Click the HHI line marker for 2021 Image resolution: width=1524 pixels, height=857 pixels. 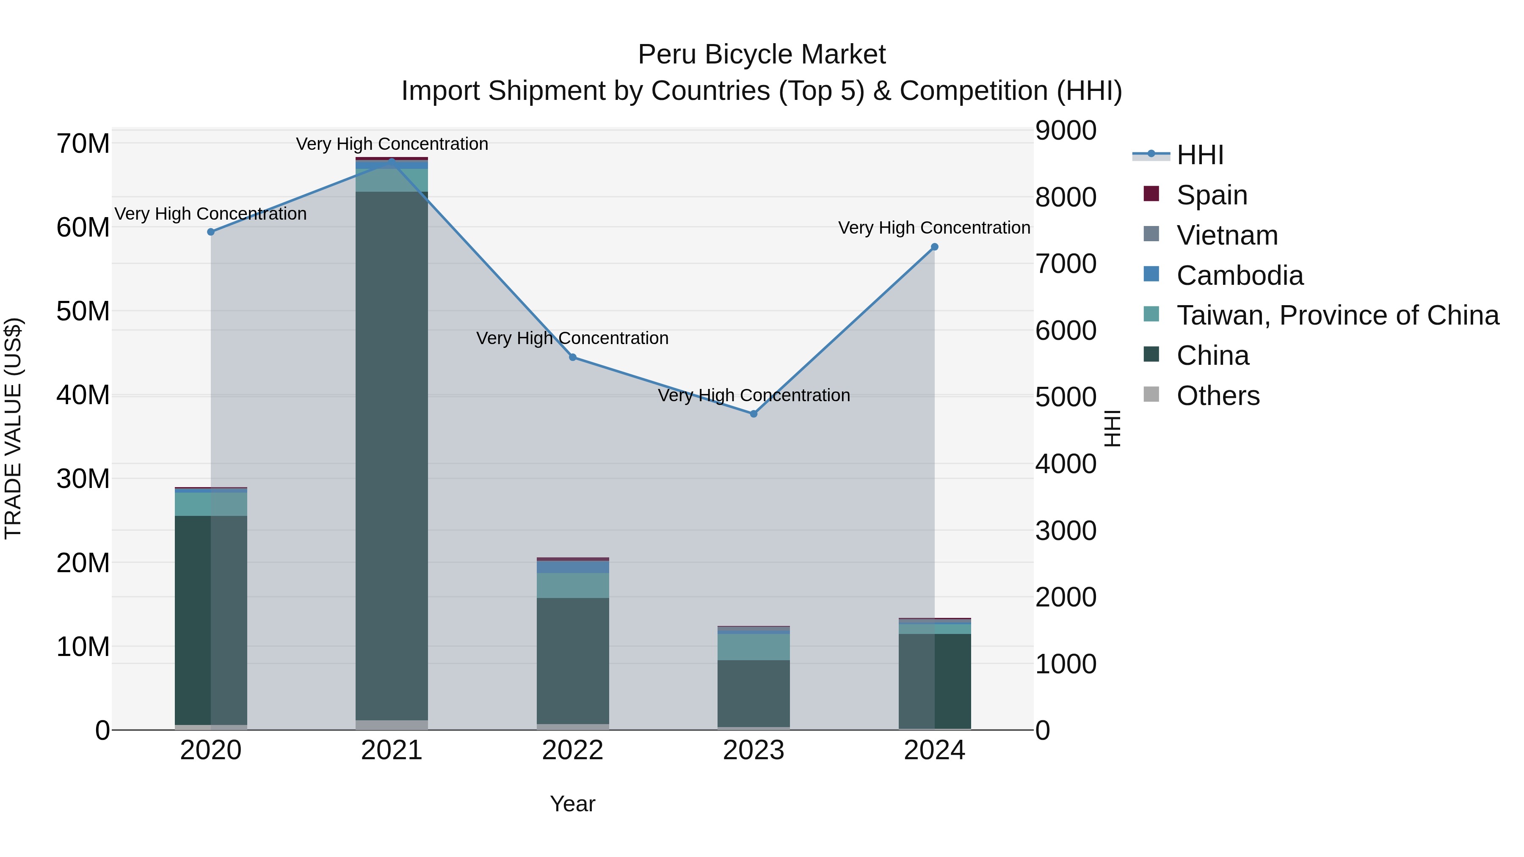392,162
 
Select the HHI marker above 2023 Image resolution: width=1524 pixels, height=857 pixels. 754,414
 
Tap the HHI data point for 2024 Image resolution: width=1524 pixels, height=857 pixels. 935,247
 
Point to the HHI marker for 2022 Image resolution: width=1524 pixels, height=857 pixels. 573,357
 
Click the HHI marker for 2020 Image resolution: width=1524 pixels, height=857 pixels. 211,232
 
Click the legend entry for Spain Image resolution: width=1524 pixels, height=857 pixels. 1212,195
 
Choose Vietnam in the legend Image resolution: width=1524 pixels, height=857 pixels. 1227,235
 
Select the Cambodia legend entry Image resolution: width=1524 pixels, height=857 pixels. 1240,276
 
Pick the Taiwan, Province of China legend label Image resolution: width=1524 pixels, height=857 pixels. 1337,315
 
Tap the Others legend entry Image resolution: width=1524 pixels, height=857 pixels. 1218,396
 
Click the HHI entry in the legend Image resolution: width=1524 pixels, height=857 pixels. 1200,155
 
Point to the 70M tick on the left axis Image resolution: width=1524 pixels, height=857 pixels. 83,144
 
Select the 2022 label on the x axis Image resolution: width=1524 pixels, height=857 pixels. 573,750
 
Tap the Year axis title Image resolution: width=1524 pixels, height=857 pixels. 573,804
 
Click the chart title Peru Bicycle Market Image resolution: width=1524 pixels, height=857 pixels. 762,55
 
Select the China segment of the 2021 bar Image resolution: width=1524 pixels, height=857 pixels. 392,455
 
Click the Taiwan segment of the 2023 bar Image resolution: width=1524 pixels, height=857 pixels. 754,647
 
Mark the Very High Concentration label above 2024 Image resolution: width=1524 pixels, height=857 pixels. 934,228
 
